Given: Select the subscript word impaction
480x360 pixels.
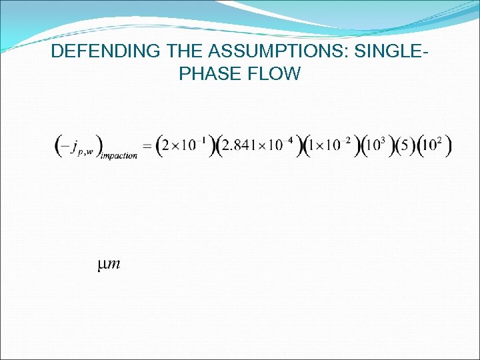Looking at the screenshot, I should (x=119, y=156).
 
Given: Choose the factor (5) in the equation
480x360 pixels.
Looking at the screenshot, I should (x=403, y=146).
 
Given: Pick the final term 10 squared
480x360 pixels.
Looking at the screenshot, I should (x=434, y=145).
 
